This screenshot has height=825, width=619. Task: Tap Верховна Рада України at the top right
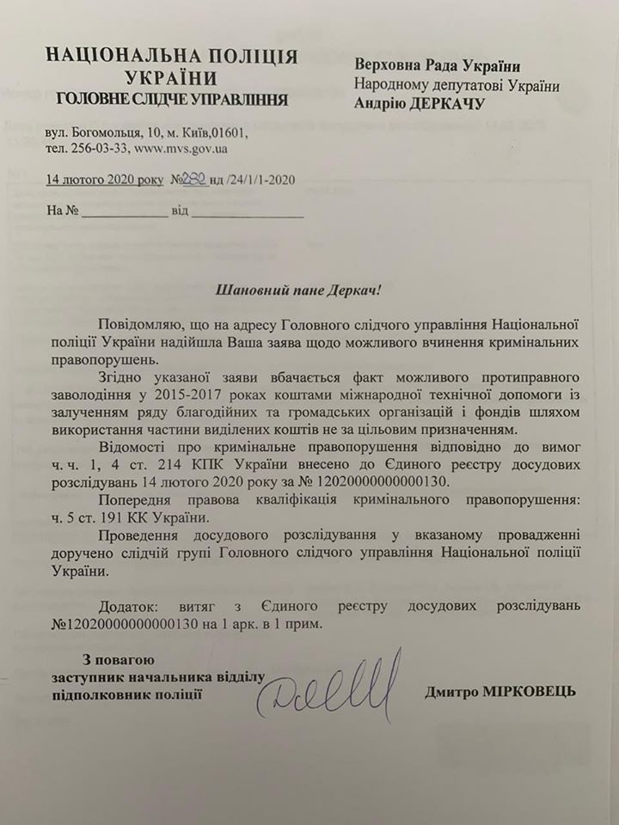pyautogui.click(x=438, y=67)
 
